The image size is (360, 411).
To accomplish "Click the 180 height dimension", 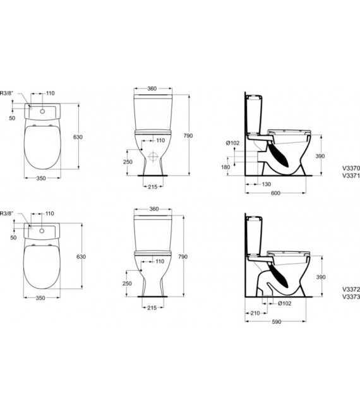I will (225, 167).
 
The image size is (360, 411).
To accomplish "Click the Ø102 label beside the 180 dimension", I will (233, 142).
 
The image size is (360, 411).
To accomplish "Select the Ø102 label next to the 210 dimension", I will (285, 303).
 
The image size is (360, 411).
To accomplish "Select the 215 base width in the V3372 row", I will (152, 308).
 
